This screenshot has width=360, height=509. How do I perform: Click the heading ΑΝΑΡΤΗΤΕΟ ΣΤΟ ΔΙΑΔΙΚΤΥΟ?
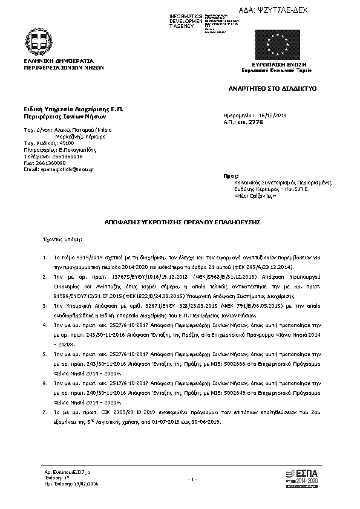pyautogui.click(x=272, y=88)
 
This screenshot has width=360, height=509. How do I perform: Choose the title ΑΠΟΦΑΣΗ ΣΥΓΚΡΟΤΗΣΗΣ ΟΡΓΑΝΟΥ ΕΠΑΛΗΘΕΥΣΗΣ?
pyautogui.click(x=180, y=222)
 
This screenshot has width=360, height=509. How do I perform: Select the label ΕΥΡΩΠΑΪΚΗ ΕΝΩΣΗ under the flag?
pyautogui.click(x=279, y=64)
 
